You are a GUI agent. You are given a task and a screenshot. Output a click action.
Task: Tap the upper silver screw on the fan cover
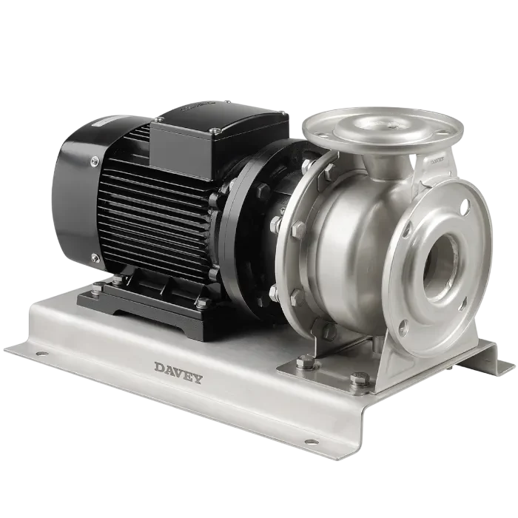pyautogui.click(x=95, y=161)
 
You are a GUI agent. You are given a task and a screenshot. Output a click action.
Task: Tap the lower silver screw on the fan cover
pyautogui.click(x=95, y=257)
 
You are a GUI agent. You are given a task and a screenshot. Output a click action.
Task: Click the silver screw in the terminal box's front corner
pyautogui.click(x=215, y=131)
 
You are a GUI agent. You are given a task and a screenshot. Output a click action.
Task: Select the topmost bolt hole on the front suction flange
pyautogui.click(x=464, y=208)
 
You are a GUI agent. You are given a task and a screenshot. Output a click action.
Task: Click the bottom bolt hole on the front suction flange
pyautogui.click(x=403, y=324)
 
